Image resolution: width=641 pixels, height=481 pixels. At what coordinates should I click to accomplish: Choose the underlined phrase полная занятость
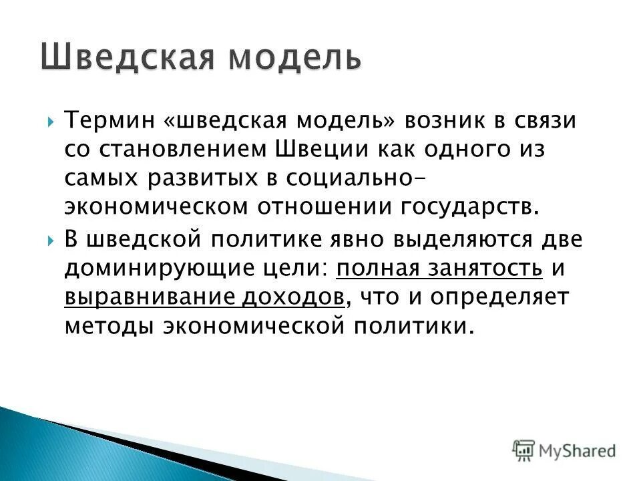(439, 268)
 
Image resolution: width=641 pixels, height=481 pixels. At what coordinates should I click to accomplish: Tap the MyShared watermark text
(578, 451)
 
